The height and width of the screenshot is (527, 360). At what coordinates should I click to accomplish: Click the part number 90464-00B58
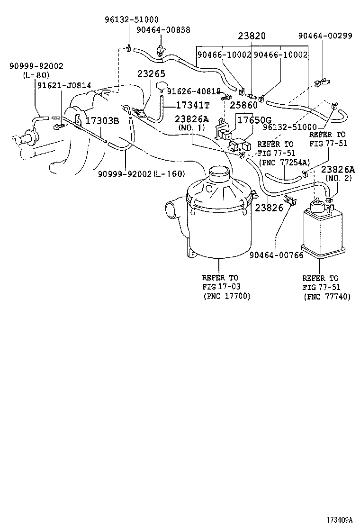(x=163, y=29)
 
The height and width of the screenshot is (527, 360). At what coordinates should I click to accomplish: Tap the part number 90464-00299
(x=325, y=36)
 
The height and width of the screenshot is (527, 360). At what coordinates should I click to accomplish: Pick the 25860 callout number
(x=244, y=105)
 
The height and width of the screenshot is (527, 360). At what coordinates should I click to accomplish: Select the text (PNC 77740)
(x=327, y=297)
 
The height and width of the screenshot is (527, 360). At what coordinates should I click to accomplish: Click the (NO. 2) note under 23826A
(x=338, y=179)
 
